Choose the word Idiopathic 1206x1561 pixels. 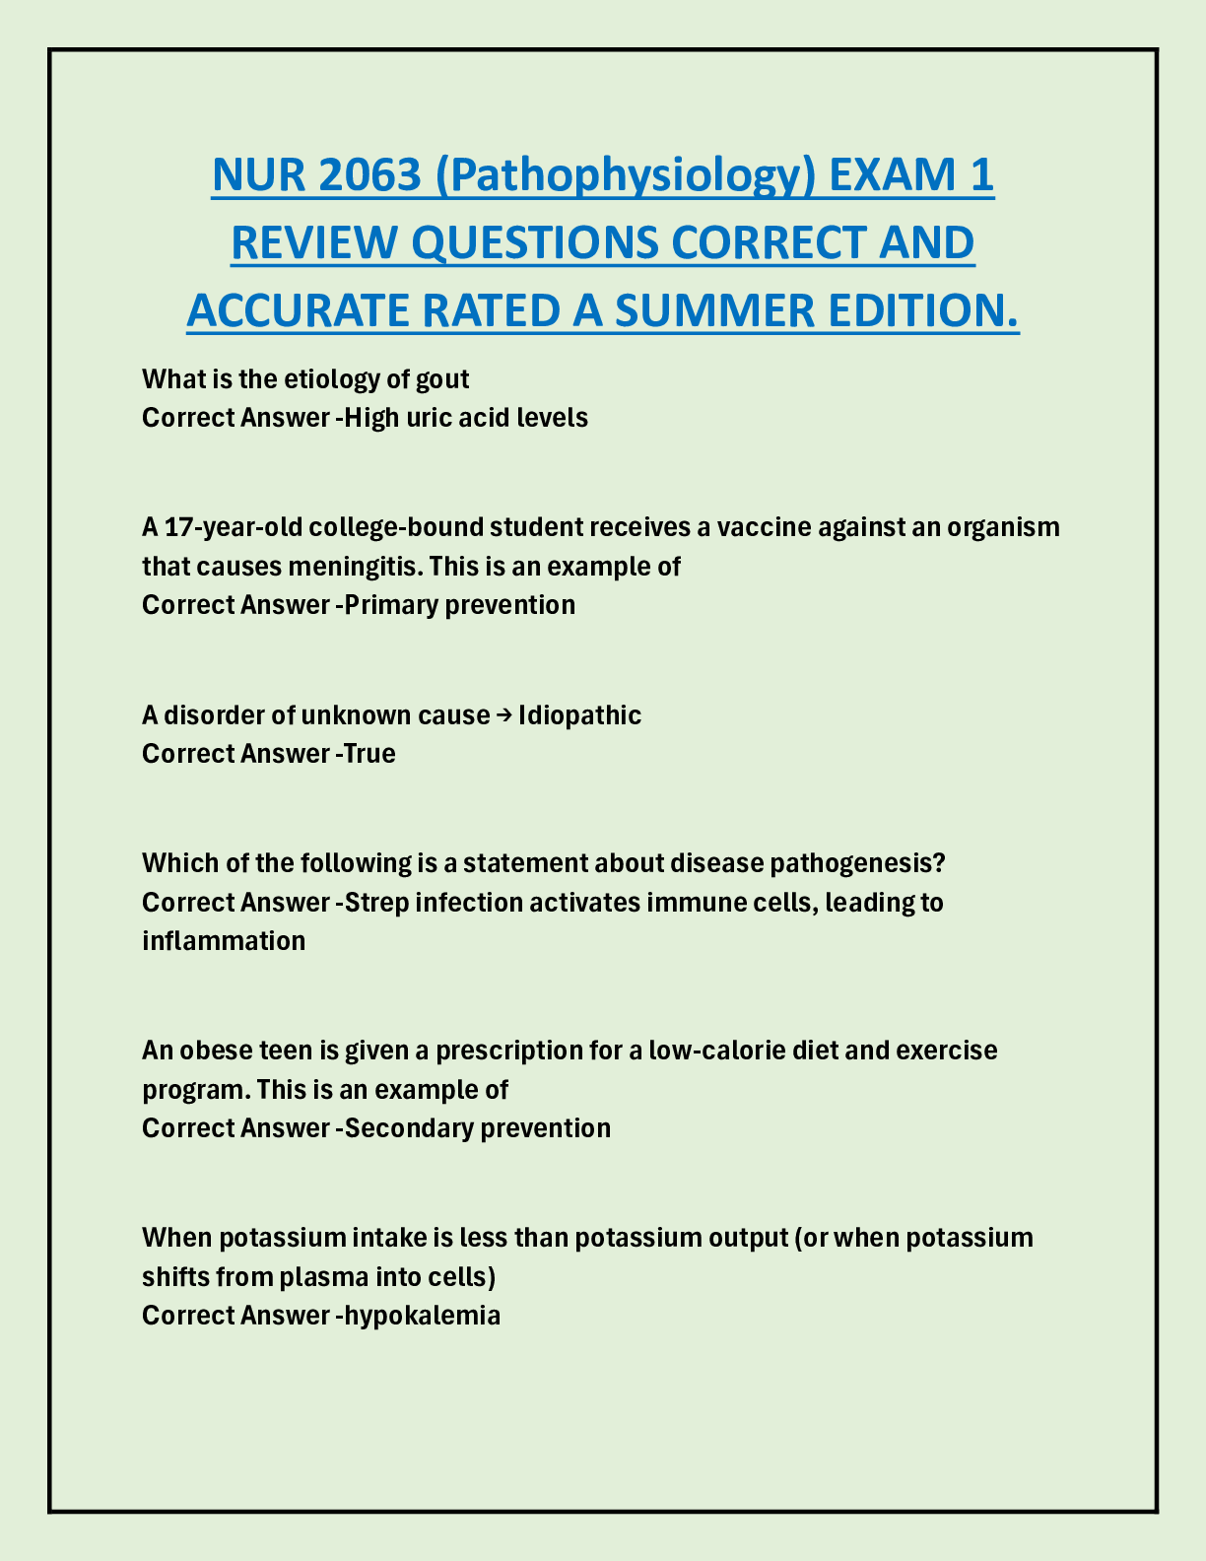pyautogui.click(x=579, y=715)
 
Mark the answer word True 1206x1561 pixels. pyautogui.click(x=369, y=754)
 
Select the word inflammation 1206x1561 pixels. pyautogui.click(x=224, y=941)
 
